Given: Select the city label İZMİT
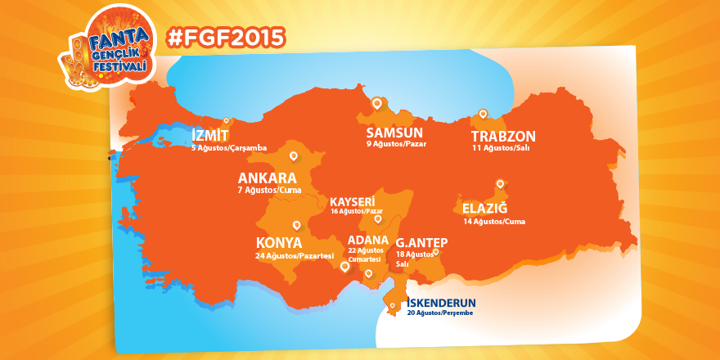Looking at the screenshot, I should click(210, 135).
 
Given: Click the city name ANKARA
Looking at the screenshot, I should click(267, 178).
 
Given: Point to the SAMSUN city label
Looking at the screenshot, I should click(394, 133).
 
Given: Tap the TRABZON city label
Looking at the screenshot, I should click(503, 137).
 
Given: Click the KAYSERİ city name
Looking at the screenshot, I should click(352, 201).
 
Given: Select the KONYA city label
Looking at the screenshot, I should click(279, 243).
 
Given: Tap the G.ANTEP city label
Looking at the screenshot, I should click(422, 243).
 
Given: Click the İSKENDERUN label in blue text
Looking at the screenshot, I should click(440, 302).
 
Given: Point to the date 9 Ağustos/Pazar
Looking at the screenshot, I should click(396, 144).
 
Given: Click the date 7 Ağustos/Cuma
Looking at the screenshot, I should click(269, 190).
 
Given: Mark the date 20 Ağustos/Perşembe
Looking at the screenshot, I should click(440, 313).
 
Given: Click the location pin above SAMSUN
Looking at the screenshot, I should click(376, 104).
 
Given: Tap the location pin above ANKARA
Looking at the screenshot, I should click(294, 155).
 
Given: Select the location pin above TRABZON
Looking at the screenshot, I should click(483, 115).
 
